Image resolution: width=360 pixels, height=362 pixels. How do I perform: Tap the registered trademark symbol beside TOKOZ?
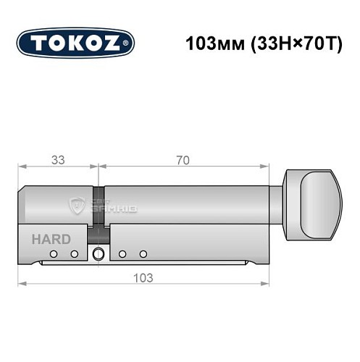(x=129, y=43)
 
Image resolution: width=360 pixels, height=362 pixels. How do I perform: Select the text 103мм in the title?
(x=209, y=42)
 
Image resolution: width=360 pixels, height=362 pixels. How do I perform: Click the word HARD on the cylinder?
(x=51, y=239)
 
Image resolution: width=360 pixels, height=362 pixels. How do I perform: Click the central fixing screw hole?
(x=98, y=253)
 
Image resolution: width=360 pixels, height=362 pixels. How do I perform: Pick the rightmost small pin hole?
(x=143, y=253)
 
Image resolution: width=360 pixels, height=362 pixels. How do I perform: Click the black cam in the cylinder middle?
(x=97, y=233)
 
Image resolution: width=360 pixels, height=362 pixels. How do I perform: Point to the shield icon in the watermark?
(x=77, y=206)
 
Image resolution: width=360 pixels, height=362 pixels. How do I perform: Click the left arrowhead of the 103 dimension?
(x=21, y=283)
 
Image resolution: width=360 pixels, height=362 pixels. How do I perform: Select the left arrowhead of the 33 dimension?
(x=21, y=167)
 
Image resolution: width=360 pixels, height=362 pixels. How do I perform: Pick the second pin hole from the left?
(x=74, y=253)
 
